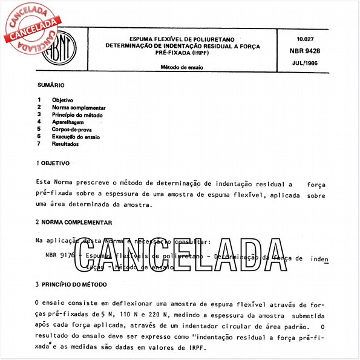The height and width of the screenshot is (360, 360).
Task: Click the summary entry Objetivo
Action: click(62, 100)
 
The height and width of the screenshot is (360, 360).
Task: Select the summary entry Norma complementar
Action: click(79, 108)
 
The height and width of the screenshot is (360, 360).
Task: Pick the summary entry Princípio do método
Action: click(77, 115)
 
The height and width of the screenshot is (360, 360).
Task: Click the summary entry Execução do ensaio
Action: click(77, 136)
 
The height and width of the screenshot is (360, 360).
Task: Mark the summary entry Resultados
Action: click(65, 143)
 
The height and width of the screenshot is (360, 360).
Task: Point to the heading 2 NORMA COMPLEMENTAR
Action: click(73, 223)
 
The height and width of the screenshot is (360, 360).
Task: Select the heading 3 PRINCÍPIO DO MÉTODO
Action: click(75, 284)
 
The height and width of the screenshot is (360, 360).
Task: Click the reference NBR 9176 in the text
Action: click(60, 257)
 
